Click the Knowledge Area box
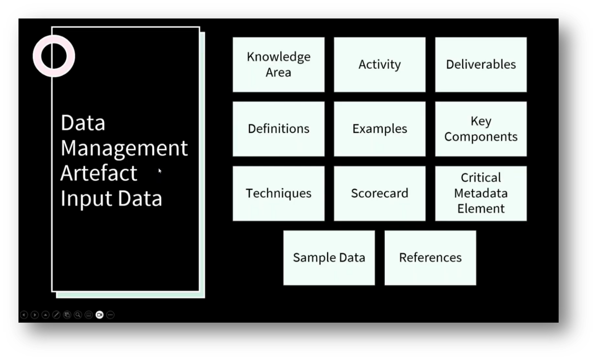(x=279, y=65)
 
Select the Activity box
(x=380, y=65)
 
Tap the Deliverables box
(x=481, y=65)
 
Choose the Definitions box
(x=279, y=129)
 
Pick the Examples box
(x=380, y=129)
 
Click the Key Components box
(x=481, y=129)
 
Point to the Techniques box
(x=279, y=193)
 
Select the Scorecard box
(x=380, y=193)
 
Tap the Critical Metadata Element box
(x=481, y=193)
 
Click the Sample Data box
(x=329, y=258)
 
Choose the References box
(x=430, y=258)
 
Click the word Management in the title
(x=124, y=148)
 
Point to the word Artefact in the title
(x=99, y=173)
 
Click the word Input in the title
(x=86, y=198)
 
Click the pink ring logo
(x=54, y=56)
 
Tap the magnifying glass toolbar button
(x=78, y=315)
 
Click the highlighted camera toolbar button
(x=100, y=315)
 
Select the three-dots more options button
(x=111, y=315)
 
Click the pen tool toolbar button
(x=56, y=315)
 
